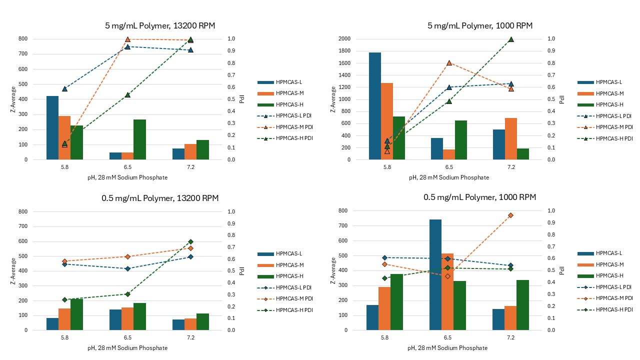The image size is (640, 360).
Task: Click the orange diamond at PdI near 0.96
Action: (x=511, y=215)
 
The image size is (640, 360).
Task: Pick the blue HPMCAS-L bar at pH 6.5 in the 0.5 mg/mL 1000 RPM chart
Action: (x=435, y=274)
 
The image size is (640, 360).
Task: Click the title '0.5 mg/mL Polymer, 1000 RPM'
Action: (x=479, y=197)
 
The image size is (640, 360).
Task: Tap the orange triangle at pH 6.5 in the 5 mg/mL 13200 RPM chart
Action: (x=127, y=39)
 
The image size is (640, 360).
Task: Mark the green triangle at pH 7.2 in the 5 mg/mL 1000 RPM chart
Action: (x=511, y=39)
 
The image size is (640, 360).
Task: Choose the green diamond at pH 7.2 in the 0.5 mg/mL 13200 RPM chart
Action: (x=190, y=241)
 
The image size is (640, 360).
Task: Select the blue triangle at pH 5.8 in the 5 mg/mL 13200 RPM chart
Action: (x=64, y=89)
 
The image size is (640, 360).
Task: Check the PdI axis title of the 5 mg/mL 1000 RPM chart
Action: (x=561, y=99)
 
